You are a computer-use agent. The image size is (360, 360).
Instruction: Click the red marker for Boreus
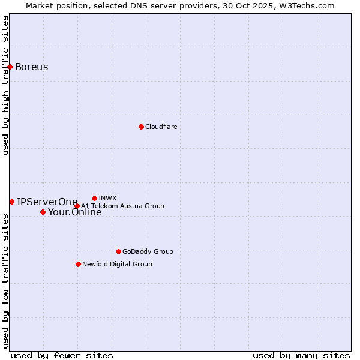point(10,67)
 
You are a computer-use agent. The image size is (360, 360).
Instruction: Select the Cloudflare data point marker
point(141,127)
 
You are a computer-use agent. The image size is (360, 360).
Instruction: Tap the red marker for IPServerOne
point(11,202)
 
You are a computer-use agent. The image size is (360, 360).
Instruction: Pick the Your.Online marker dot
point(43,212)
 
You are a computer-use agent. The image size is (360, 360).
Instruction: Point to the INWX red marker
point(94,198)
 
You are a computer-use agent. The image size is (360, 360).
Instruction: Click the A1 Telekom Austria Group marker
point(77,206)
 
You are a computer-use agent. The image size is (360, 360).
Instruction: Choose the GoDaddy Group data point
point(118,251)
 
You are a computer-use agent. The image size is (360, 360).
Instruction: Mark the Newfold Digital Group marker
point(78,264)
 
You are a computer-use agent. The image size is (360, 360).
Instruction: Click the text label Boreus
point(32,67)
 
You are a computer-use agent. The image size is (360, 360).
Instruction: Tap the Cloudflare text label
point(161,127)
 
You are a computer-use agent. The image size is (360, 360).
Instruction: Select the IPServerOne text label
point(47,202)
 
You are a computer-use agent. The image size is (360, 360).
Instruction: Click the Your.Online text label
point(75,212)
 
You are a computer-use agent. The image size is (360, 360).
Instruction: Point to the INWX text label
point(107,198)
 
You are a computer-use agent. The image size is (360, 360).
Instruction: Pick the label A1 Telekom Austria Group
point(122,206)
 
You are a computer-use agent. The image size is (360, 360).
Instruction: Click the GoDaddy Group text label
point(148,251)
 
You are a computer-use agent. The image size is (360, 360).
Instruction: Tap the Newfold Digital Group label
point(117,264)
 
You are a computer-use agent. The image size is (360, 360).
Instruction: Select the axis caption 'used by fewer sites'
point(62,355)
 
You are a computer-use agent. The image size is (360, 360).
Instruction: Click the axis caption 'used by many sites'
point(301,355)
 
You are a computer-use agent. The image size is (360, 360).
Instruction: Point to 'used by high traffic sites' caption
point(5,85)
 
